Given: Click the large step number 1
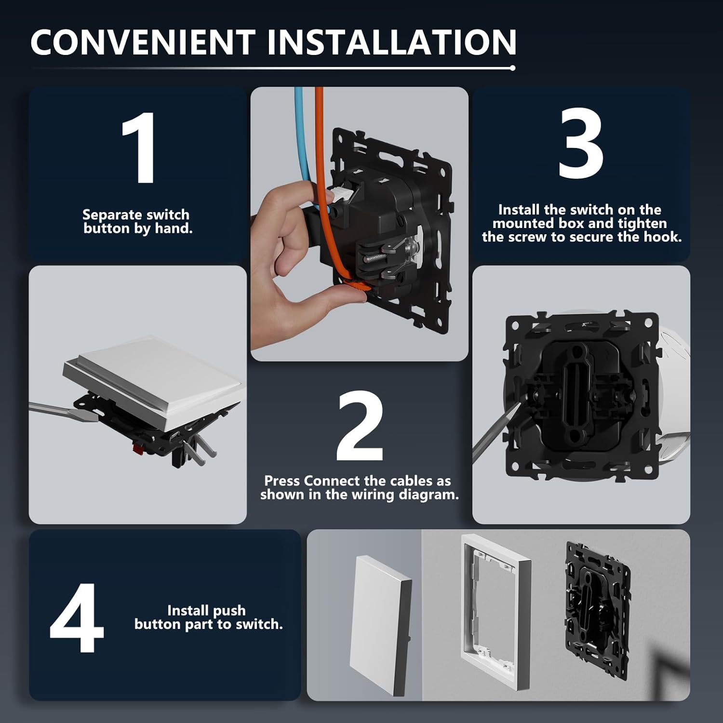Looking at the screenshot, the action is (139, 147).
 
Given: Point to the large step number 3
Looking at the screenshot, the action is (580, 143).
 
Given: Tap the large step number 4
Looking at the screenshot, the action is (77, 617).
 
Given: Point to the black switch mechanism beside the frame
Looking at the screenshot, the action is (598, 610).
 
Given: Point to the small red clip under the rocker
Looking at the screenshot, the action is (137, 451).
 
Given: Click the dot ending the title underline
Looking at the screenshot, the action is (512, 68).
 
